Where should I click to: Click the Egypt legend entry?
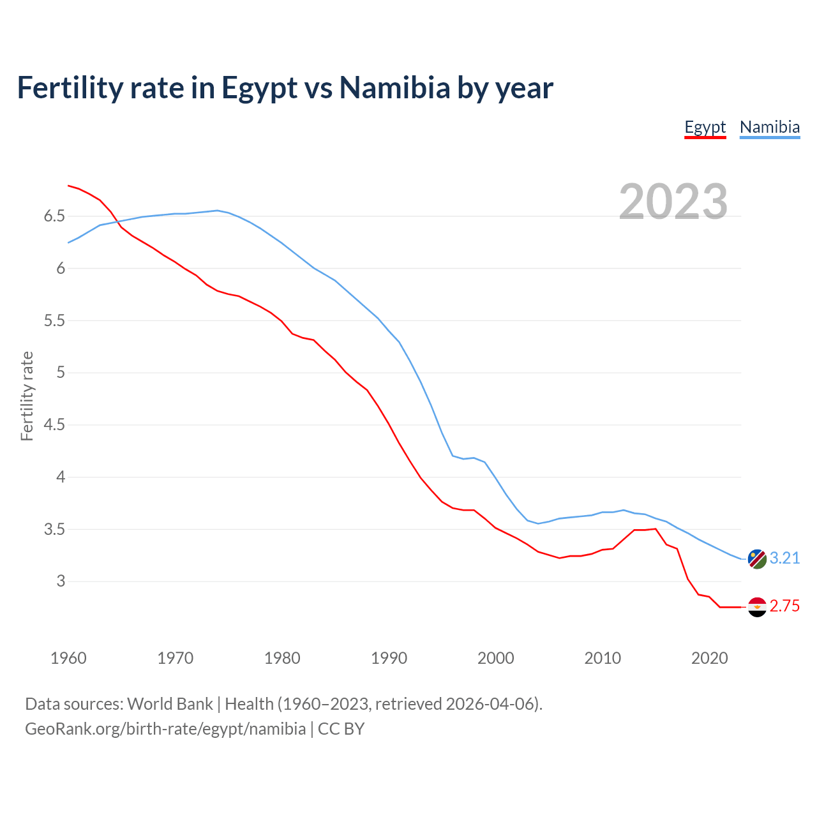[x=705, y=127]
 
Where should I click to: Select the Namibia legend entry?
[x=769, y=127]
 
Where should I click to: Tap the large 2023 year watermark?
[x=673, y=202]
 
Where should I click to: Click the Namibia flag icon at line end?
[x=757, y=558]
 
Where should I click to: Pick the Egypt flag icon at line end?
[x=757, y=606]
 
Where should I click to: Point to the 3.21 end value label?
[x=784, y=558]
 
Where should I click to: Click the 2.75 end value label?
[x=784, y=606]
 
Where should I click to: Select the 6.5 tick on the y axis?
[x=54, y=216]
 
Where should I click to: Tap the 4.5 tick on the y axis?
[x=54, y=425]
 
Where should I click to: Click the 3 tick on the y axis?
[x=61, y=581]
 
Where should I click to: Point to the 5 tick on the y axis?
[x=61, y=373]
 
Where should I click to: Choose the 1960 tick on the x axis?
[x=68, y=658]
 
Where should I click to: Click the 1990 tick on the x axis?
[x=389, y=658]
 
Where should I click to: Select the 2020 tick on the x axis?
[x=709, y=658]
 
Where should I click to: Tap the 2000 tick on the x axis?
[x=495, y=658]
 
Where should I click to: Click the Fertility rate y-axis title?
[x=27, y=396]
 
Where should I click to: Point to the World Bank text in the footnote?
[x=170, y=704]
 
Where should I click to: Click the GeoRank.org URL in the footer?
[x=165, y=729]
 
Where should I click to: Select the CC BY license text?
[x=341, y=729]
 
